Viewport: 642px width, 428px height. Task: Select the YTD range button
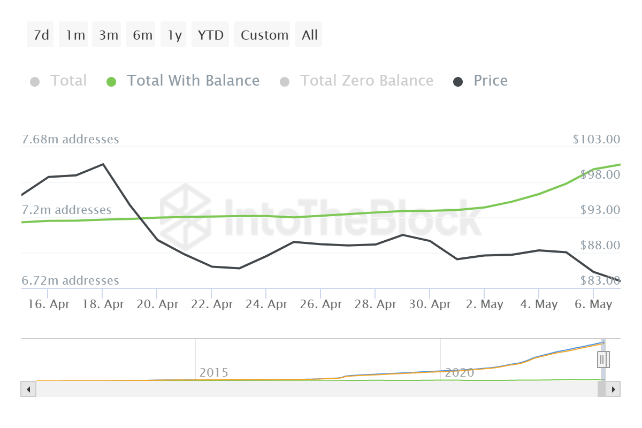pos(210,35)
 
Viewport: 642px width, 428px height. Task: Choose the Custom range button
pos(264,35)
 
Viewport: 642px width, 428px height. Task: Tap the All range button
pos(309,35)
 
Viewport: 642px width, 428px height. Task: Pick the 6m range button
pos(142,35)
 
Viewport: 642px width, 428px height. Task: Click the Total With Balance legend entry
pos(193,81)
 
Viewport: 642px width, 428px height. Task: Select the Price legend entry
pos(490,81)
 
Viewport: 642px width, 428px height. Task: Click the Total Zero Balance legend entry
pos(366,81)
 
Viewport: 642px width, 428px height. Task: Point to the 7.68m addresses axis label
pos(70,140)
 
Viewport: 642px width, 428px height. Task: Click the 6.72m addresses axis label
pos(70,280)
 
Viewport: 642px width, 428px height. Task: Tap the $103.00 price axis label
pos(596,140)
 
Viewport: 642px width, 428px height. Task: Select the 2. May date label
pos(484,304)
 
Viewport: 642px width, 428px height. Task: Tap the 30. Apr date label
pos(430,304)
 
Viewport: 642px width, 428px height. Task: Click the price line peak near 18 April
pos(103,164)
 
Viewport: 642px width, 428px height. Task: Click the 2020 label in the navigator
pos(459,372)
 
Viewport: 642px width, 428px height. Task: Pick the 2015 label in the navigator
pos(213,372)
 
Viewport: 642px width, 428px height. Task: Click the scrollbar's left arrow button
pos(28,389)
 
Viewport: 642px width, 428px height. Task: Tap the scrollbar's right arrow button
pos(613,389)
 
